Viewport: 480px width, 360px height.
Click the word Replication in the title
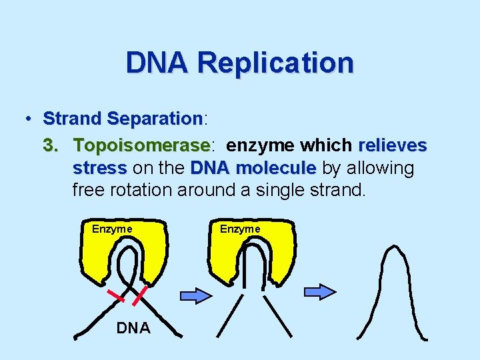click(275, 63)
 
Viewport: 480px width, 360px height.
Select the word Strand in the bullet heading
click(72, 119)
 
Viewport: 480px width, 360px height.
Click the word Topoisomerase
click(141, 145)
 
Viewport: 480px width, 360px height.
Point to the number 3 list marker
click(48, 145)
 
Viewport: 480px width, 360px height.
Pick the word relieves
click(393, 145)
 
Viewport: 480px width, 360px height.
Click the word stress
click(99, 167)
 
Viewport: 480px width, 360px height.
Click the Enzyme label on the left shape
click(112, 229)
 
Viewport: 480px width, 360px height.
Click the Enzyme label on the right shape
click(240, 229)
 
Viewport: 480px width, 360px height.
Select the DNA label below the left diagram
click(133, 327)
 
